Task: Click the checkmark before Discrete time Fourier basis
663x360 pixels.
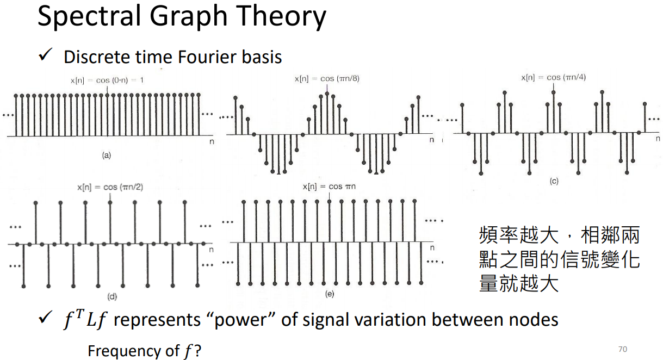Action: pos(45,55)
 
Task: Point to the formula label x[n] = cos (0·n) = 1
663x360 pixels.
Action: pos(107,80)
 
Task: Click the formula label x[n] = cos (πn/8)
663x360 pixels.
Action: pos(327,79)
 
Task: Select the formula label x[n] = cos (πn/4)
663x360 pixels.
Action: pos(553,78)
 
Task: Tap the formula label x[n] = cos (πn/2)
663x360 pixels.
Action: pos(110,188)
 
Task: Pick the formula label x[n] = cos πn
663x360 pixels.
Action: pos(329,187)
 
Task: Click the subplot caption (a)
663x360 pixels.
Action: pos(106,156)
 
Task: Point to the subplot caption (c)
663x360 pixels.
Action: pos(554,181)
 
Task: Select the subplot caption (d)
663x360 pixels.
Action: pos(112,296)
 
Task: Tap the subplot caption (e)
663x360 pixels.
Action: pos(330,294)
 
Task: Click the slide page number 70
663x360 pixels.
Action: pos(622,349)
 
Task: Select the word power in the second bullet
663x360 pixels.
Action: pos(240,321)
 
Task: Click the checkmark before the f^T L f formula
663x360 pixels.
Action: pos(45,318)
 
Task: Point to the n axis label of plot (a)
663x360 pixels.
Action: pos(212,141)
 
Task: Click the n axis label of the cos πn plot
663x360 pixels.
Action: pos(432,248)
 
